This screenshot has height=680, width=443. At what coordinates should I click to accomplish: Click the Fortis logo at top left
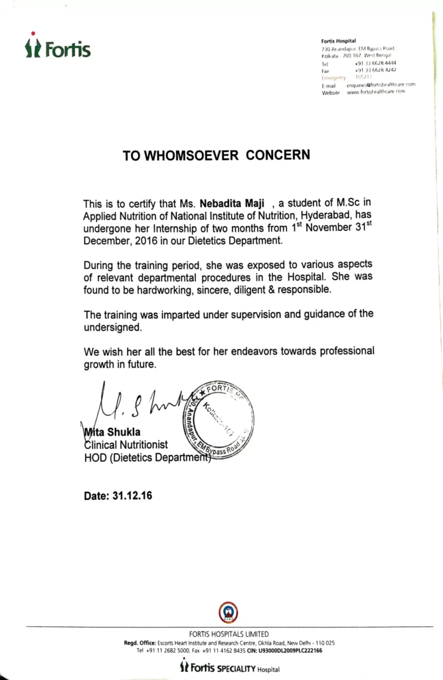pos(58,48)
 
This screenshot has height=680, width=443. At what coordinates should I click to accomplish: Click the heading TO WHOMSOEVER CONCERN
pos(216,155)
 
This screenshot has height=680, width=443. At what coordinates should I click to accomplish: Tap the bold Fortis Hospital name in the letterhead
pos(339,41)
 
